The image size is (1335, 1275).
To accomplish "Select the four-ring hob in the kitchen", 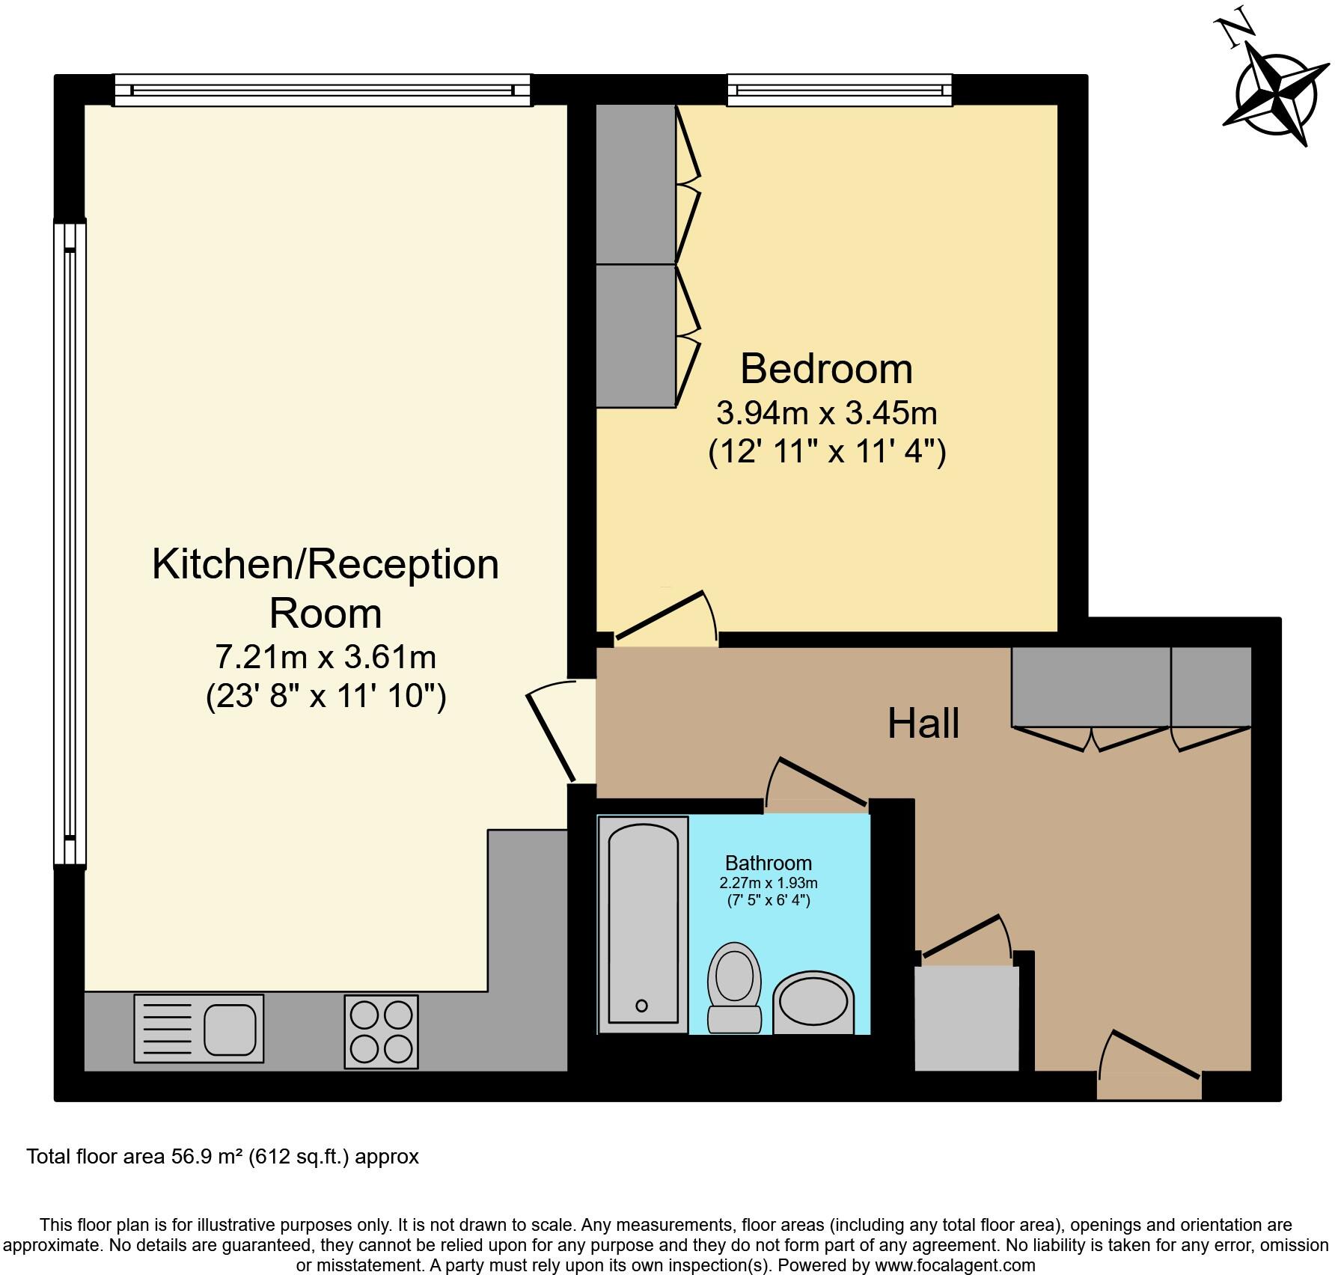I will click(381, 1031).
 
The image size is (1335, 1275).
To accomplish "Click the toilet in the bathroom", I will click(735, 986).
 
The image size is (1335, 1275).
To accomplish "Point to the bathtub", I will click(643, 924).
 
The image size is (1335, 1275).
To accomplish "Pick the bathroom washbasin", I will click(813, 1002).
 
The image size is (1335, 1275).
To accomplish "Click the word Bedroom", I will click(826, 369).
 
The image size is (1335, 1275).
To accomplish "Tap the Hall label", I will click(923, 724).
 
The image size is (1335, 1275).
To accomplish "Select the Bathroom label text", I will click(768, 863).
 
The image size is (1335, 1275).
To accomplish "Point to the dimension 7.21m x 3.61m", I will click(325, 657).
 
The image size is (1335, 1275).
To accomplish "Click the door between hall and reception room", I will click(552, 733).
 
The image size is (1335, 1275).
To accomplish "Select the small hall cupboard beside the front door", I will click(967, 1018).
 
